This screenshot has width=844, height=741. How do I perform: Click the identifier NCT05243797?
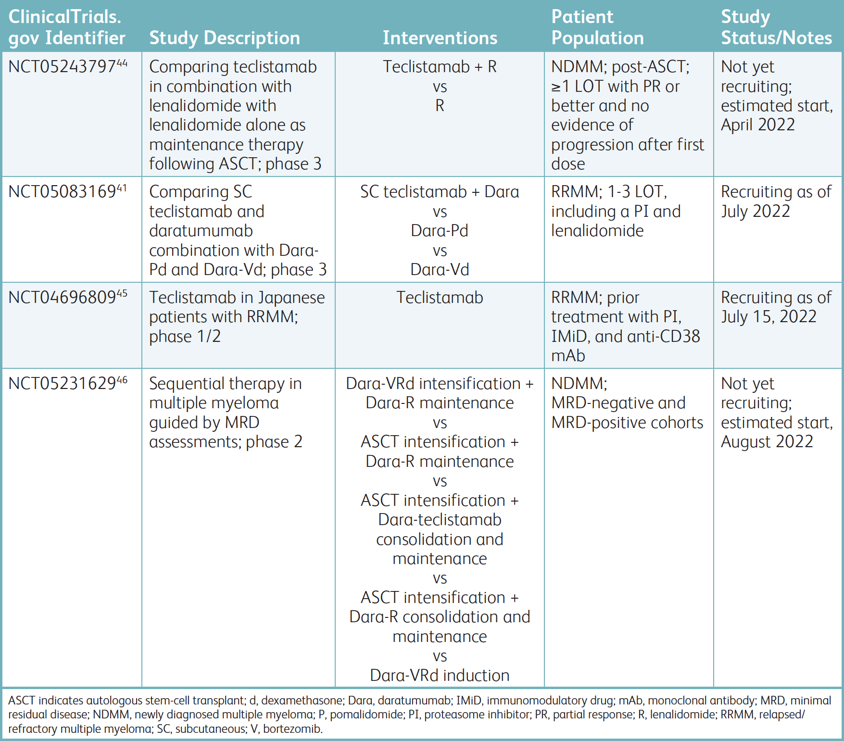[63, 67]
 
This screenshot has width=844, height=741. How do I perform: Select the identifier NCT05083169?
[63, 192]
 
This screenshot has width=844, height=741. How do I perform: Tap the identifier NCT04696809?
[63, 298]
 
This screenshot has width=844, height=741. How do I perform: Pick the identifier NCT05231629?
[63, 384]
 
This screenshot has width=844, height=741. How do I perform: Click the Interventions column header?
[440, 38]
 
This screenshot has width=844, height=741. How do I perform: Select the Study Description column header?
[225, 38]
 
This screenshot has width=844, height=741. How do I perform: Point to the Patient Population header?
[597, 27]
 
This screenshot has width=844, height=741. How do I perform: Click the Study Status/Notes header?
[776, 27]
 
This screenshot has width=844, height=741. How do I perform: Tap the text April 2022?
[758, 125]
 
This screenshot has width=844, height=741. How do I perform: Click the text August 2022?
[767, 442]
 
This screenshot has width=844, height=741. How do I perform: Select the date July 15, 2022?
[768, 317]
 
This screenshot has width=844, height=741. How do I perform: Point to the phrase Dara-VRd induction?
[440, 676]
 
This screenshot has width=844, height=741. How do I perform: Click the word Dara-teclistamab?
[440, 520]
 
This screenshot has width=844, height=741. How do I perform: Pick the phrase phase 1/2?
[185, 337]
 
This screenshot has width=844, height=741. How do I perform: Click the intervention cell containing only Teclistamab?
[440, 298]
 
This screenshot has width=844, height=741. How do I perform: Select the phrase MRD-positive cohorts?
[627, 423]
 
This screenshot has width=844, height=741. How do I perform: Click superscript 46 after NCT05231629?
[122, 380]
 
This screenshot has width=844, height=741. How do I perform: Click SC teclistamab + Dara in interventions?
[440, 192]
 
